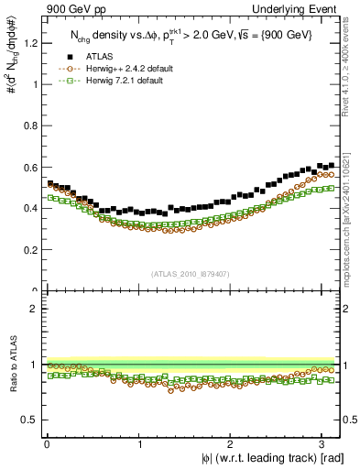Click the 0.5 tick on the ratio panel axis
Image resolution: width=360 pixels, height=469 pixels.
pyautogui.click(x=30, y=420)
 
